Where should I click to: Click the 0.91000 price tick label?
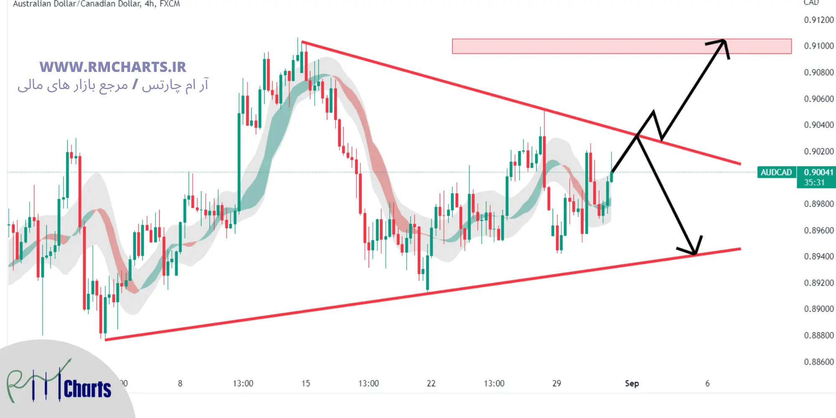pos(818,46)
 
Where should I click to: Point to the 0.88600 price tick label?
pos(818,362)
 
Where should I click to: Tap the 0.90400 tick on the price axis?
pos(818,125)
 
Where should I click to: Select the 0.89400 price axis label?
pos(818,257)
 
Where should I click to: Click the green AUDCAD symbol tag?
pos(776,172)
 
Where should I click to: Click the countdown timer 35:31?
pos(814,183)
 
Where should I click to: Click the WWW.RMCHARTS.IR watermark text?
pos(113,67)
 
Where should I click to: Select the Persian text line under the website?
pos(113,86)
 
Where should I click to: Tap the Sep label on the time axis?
pos(632,383)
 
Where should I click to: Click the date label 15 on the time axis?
pos(306,383)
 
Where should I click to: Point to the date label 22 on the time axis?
pos(431,383)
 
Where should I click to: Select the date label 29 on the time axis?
pos(556,383)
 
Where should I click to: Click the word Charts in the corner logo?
pos(87,390)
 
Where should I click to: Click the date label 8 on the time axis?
pos(180,383)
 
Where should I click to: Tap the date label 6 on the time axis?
pos(707,383)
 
